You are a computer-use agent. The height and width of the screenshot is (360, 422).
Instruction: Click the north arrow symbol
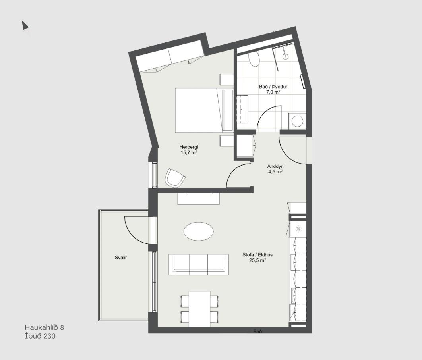pos(25,25)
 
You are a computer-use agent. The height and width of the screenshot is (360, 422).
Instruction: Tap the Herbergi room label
pos(189,147)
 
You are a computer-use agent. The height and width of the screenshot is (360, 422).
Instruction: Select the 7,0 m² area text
pos(273,92)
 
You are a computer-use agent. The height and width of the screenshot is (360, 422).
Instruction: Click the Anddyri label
pos(275,166)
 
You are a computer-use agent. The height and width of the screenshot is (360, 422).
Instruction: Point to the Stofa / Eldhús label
pos(257,254)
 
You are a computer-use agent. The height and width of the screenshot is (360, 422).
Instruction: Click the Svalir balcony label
pos(120,258)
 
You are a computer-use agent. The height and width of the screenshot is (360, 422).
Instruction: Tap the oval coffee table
pos(199,231)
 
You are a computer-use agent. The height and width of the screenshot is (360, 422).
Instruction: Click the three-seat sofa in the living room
pos(199,265)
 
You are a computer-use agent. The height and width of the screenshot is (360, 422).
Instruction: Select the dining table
pos(199,309)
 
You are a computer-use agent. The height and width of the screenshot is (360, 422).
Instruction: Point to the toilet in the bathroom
pos(254,59)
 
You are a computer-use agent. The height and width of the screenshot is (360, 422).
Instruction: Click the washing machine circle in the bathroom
pos(298,121)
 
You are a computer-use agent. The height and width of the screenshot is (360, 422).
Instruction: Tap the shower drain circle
pos(285,56)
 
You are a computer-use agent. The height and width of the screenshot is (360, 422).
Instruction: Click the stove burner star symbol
pos(298,229)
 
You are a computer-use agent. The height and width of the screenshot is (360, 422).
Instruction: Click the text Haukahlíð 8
pos(45,327)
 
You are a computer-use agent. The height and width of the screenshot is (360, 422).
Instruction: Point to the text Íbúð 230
pos(40,336)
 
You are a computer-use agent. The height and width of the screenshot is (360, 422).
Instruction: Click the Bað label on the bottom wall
pos(257,331)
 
